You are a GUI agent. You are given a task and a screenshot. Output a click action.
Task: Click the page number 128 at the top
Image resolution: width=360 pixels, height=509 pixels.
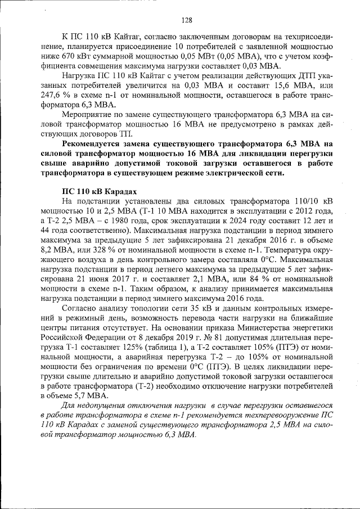187,20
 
